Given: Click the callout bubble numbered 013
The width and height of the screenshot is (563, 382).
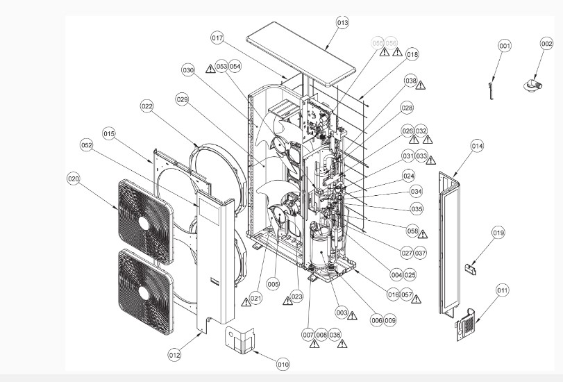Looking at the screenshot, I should (342, 23).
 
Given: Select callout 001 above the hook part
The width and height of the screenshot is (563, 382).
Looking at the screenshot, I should (505, 45).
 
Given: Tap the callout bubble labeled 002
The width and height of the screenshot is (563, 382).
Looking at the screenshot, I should (546, 44).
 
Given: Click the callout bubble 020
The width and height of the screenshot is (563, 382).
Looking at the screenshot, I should (74, 178).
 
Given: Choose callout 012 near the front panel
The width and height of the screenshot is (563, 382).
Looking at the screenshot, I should (174, 355).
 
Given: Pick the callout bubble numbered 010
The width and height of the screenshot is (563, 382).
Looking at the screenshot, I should (283, 364).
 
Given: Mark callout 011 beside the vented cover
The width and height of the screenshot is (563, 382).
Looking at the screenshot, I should (502, 290).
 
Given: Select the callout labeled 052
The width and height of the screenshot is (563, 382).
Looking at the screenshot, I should (87, 146).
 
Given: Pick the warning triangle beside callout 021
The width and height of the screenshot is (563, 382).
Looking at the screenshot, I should (246, 302).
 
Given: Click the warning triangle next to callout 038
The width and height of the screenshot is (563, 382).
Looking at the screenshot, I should (420, 85).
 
